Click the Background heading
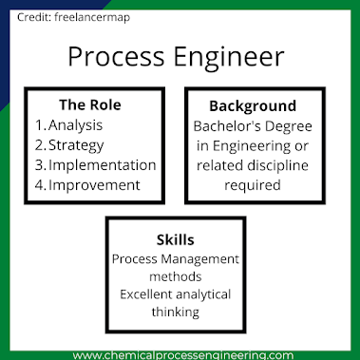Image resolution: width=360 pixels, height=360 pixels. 253,105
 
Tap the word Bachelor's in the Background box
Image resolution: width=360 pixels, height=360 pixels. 231,125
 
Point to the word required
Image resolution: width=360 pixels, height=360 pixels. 252,185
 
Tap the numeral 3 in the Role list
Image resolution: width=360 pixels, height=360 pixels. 40,164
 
